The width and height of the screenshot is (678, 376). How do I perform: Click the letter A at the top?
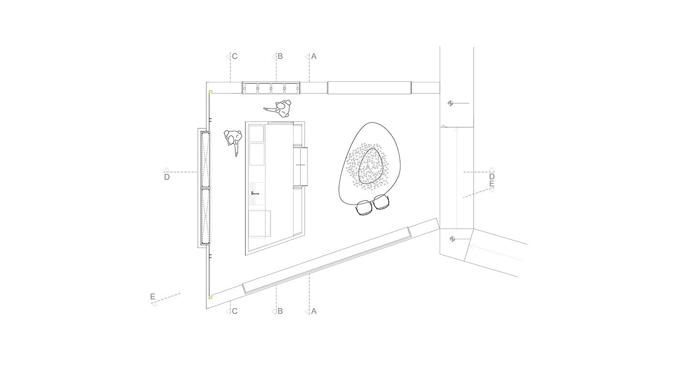pos(314,56)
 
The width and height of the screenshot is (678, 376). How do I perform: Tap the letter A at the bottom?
pos(314,311)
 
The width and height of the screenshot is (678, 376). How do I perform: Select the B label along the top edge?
pos(280,56)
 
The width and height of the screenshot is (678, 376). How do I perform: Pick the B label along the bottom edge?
pos(280,311)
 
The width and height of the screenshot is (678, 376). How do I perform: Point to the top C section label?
pos(234,56)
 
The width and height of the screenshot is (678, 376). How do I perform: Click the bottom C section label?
pos(234,311)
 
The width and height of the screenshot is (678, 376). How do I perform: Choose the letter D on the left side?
pos(167,177)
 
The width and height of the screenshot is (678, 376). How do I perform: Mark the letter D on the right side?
pos(492,176)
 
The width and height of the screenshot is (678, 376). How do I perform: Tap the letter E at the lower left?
pos(153,297)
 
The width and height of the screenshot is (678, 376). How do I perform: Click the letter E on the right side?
pos(492,184)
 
